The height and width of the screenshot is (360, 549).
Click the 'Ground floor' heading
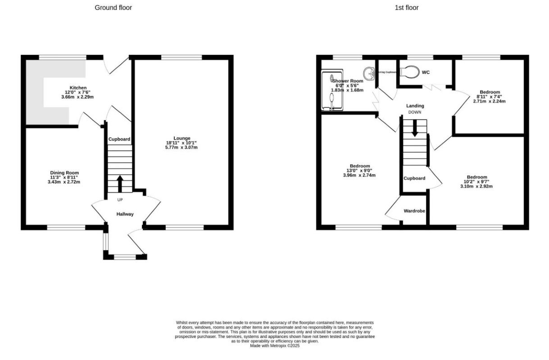point(113,8)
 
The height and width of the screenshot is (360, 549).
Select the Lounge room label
point(182,138)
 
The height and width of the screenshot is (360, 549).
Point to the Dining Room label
point(64,173)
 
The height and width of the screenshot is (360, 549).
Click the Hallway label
point(125,214)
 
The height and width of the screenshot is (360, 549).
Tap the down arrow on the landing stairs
point(414,129)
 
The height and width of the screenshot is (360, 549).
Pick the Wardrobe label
point(414,211)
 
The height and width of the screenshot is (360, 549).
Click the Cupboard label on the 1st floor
point(414,178)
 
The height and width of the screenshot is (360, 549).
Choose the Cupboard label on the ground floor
point(119,139)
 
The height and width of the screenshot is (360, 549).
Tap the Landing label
point(414,106)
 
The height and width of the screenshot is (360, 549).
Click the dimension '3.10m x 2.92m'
point(476,186)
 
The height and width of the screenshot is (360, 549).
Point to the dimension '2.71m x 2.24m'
point(489,101)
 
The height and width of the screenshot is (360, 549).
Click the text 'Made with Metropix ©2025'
point(275,346)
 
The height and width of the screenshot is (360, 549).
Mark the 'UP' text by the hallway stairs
point(120,199)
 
